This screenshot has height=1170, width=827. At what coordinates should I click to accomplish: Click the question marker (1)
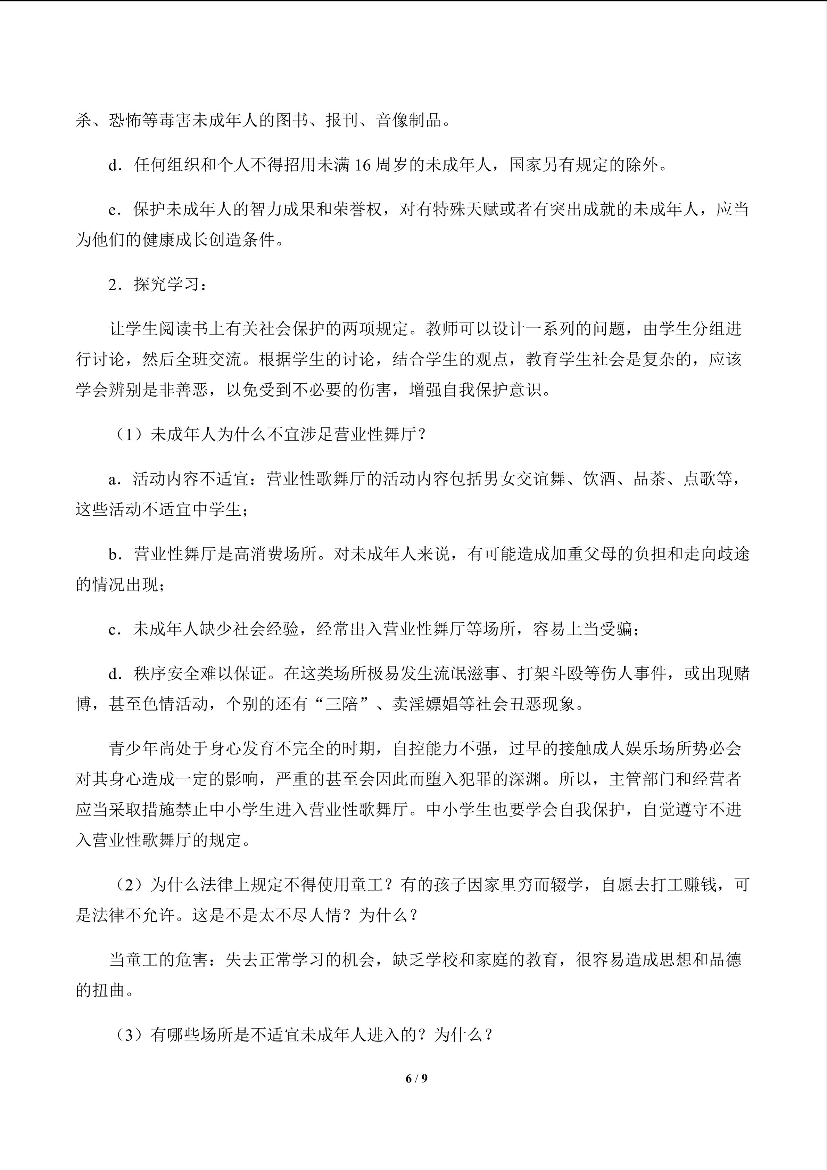pyautogui.click(x=131, y=435)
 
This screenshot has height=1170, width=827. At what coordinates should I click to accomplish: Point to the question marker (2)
pyautogui.click(x=131, y=885)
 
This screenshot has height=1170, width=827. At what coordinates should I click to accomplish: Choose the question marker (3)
pyautogui.click(x=131, y=1035)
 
